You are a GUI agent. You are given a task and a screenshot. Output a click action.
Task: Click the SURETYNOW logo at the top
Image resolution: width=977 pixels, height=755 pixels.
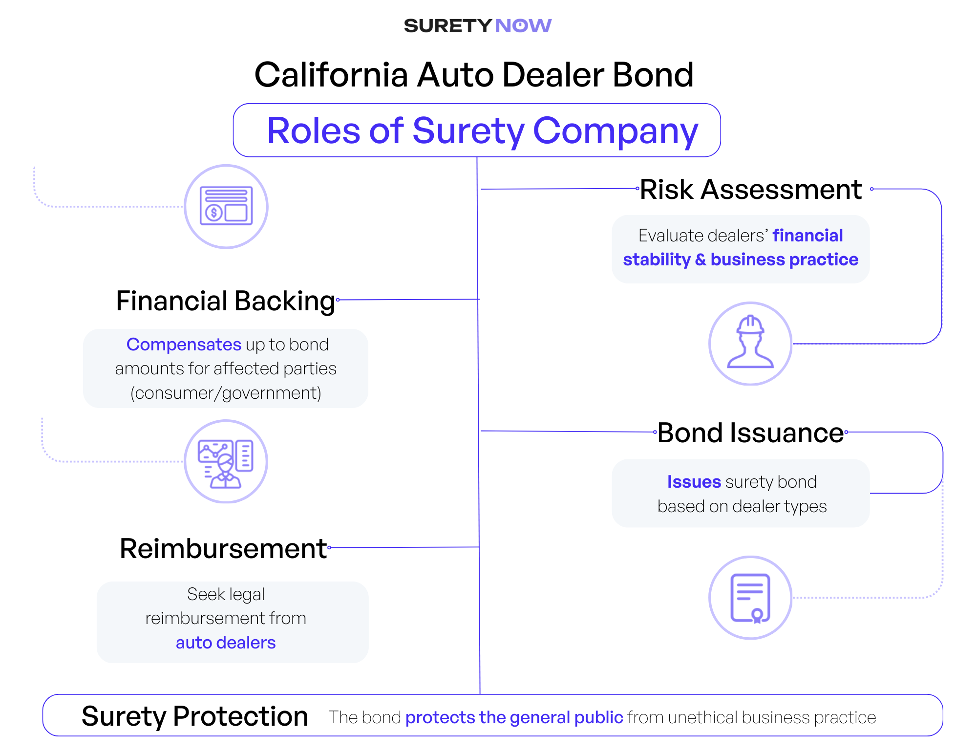(477, 25)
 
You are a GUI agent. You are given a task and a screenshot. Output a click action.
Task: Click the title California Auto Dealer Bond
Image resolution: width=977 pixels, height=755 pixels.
(473, 75)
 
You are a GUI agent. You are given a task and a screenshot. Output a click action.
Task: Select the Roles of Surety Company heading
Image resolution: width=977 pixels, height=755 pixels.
(482, 130)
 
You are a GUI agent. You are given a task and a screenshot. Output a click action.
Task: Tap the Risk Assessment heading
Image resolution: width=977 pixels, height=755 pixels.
(750, 190)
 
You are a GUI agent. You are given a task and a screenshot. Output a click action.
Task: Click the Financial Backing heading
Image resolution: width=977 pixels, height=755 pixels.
(226, 301)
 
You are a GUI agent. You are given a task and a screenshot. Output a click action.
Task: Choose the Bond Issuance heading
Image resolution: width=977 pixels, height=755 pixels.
(750, 433)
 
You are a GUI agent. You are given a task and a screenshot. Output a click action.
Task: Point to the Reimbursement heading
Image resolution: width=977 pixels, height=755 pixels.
(223, 548)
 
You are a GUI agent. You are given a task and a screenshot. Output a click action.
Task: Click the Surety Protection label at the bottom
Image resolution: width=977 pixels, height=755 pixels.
(194, 716)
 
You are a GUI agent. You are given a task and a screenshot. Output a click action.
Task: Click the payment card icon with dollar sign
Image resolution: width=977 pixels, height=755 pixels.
(226, 206)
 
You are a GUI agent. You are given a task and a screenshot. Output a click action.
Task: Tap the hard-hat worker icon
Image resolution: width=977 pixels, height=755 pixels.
(750, 343)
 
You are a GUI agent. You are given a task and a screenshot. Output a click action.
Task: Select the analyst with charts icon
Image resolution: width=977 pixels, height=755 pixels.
(226, 461)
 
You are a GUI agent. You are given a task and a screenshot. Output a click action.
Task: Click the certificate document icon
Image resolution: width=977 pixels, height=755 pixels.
(750, 597)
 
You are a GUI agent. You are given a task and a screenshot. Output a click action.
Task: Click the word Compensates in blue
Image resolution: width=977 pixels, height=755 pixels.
(184, 345)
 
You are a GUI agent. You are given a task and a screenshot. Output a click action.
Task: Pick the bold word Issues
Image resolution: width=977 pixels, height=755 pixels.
(694, 482)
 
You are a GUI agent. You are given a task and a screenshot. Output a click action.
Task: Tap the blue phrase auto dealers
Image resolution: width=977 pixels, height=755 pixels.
(226, 643)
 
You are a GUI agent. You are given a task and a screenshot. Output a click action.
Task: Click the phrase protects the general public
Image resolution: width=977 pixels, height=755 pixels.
(514, 717)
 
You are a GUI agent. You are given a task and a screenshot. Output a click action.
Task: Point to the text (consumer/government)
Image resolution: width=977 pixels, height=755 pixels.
(226, 393)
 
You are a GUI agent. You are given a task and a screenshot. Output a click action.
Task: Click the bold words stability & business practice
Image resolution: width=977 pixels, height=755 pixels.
(741, 259)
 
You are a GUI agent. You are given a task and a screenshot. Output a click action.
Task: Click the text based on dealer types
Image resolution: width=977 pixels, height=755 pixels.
(742, 506)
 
